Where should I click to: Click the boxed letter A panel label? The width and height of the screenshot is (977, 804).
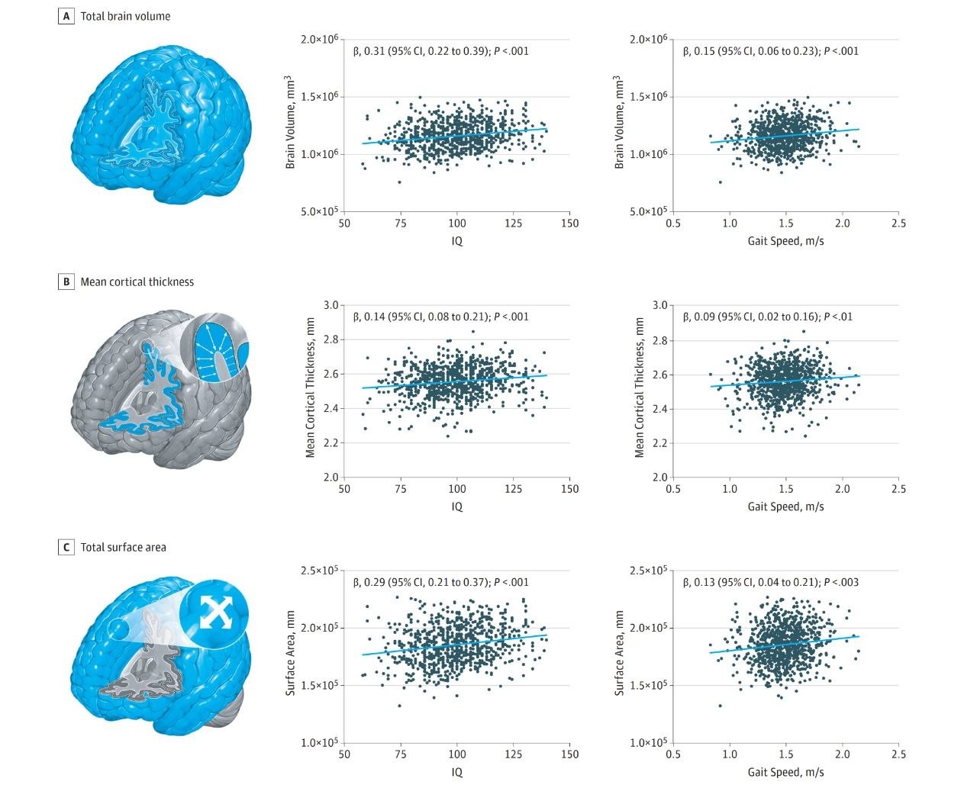click(66, 16)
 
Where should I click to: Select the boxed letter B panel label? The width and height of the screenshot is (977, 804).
click(66, 281)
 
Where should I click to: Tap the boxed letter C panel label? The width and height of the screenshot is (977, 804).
click(66, 547)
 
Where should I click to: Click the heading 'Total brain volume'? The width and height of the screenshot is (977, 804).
click(125, 16)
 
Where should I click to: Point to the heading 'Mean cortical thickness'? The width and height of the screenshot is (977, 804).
click(137, 281)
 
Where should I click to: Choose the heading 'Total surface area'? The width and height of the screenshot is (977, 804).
click(123, 547)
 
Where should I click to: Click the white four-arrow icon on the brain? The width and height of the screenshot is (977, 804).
click(214, 612)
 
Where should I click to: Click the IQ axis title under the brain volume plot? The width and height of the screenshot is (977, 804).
click(456, 241)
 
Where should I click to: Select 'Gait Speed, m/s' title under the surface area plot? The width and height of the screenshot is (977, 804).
click(785, 772)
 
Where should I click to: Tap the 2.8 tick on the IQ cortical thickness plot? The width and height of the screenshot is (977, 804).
click(330, 339)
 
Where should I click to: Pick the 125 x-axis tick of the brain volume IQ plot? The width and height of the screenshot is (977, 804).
click(514, 224)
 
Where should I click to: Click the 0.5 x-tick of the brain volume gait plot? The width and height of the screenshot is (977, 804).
click(673, 224)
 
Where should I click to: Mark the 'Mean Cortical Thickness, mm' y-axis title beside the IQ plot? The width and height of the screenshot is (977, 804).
click(311, 391)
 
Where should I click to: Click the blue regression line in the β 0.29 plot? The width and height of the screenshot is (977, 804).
click(456, 645)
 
